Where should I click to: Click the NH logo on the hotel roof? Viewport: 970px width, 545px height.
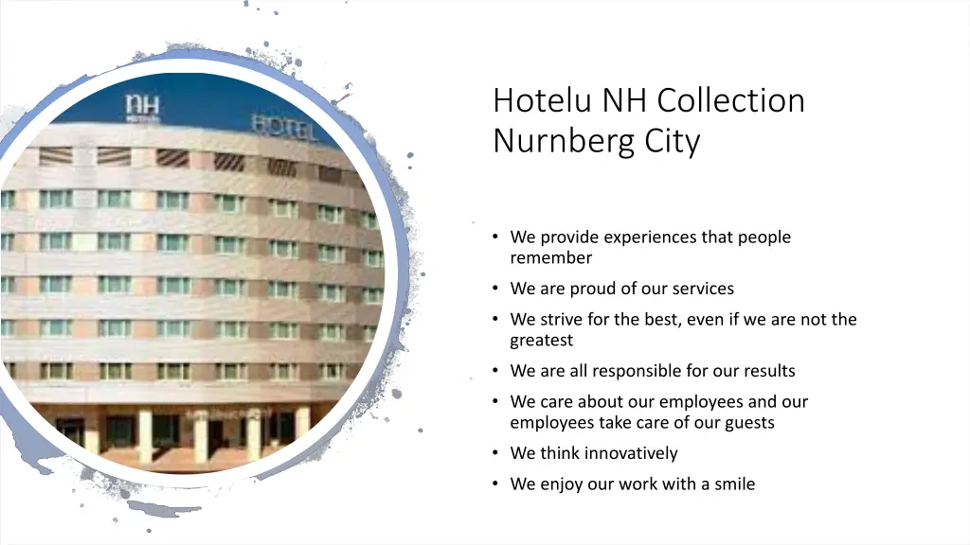pos(143,108)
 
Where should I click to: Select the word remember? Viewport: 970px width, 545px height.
pos(550,257)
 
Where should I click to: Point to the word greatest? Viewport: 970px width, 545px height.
pos(541,340)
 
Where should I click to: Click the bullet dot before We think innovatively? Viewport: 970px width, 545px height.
pos(495,453)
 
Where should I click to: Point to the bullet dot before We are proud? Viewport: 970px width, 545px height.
pos(495,289)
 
